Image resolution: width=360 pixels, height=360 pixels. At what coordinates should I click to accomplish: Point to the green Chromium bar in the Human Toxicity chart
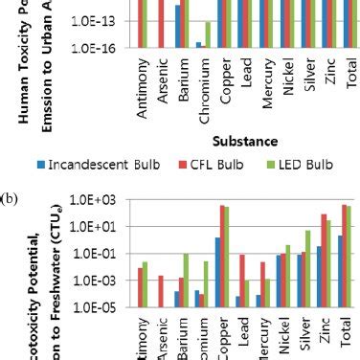[x=208, y=34]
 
